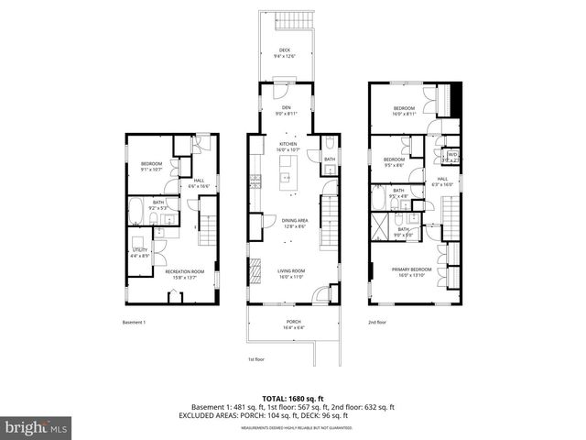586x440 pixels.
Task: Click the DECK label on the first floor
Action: point(286,52)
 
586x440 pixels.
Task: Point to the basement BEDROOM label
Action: point(152,166)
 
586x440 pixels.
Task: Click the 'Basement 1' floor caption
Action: point(135,323)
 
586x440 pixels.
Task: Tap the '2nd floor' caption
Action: point(378,323)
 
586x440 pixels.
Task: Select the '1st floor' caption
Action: point(257,359)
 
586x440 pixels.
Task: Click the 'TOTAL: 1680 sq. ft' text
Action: point(292,398)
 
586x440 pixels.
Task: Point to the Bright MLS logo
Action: point(37,427)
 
